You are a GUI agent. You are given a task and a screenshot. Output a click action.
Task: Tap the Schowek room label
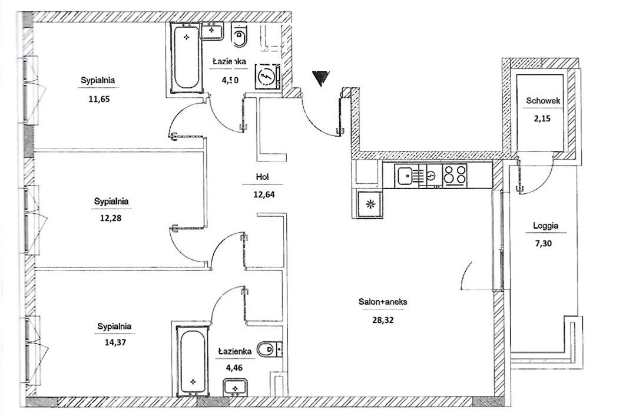[542, 101]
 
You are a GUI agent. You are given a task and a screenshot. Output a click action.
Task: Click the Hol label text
[263, 177]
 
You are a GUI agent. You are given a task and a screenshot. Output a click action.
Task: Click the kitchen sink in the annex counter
[405, 175]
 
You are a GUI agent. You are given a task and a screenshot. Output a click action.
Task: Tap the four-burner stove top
[455, 176]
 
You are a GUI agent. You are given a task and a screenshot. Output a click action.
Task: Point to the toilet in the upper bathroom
[240, 37]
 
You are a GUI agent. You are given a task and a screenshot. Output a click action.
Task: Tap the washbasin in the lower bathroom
[236, 389]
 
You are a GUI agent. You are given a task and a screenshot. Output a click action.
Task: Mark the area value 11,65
[100, 99]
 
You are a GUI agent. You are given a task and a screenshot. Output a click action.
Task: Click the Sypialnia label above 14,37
[115, 326]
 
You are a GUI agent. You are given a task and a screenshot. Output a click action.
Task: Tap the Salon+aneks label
[383, 302]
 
